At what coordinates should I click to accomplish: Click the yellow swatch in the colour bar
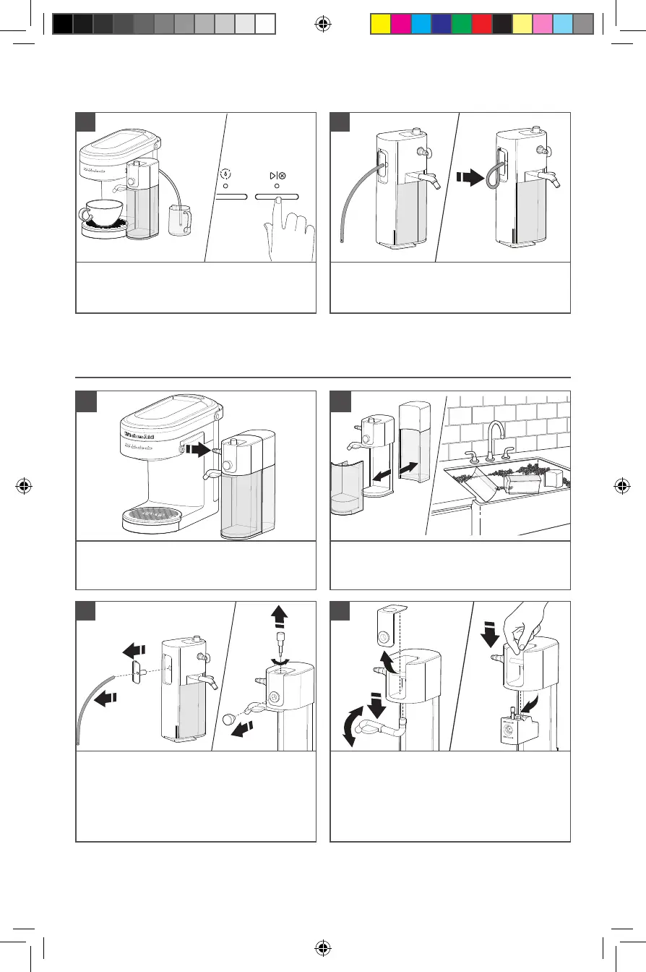tap(380, 25)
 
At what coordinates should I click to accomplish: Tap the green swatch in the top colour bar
tap(461, 25)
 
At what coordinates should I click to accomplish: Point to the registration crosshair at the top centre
tap(323, 24)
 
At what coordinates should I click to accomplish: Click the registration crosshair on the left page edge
tap(25, 485)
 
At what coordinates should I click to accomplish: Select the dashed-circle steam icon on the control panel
tap(225, 175)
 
